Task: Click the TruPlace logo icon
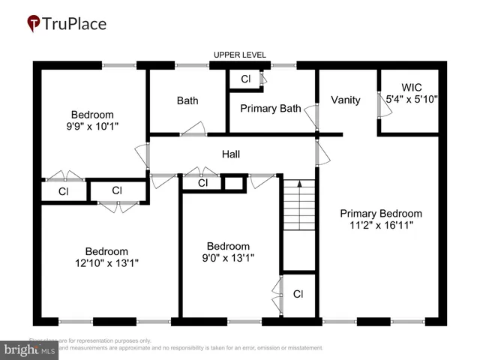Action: pyautogui.click(x=34, y=23)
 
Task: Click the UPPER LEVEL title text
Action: pyautogui.click(x=240, y=55)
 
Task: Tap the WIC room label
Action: pyautogui.click(x=412, y=87)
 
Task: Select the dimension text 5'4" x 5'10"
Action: pyautogui.click(x=412, y=98)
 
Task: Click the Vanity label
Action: pyautogui.click(x=345, y=100)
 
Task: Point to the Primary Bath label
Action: pyautogui.click(x=270, y=108)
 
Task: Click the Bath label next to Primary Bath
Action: pyautogui.click(x=187, y=100)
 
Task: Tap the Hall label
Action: pyautogui.click(x=231, y=154)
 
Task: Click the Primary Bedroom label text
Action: pyautogui.click(x=381, y=213)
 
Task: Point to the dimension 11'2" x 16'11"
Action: pyautogui.click(x=381, y=224)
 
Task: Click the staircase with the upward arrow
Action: pyautogui.click(x=298, y=221)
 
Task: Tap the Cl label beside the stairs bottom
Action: pyautogui.click(x=298, y=294)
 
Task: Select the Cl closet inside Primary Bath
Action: pyautogui.click(x=245, y=79)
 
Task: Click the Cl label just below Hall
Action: pyautogui.click(x=202, y=183)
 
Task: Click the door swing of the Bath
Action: pyautogui.click(x=192, y=128)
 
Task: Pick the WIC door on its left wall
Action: pyautogui.click(x=383, y=106)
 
